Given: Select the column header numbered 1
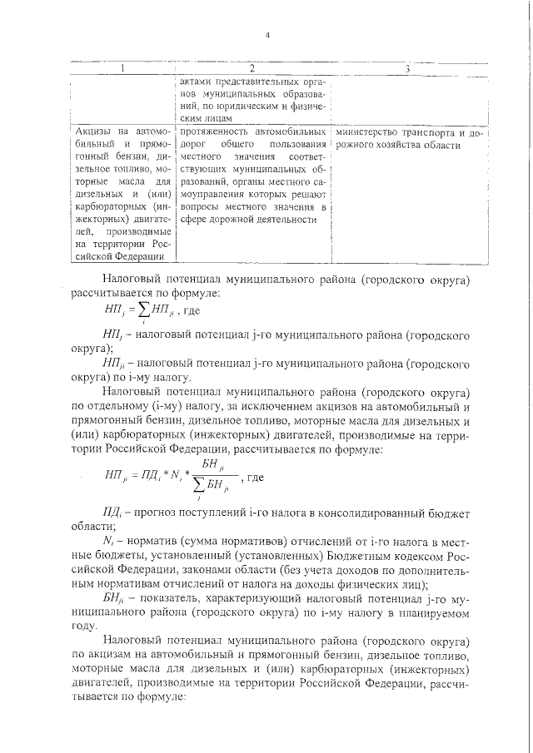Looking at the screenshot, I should click(x=123, y=68).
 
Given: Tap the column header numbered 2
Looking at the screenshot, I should click(x=252, y=68).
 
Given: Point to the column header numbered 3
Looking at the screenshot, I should click(x=407, y=68).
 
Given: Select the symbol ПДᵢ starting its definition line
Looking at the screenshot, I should click(x=113, y=511).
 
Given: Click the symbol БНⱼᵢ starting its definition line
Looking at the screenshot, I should click(x=114, y=598).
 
